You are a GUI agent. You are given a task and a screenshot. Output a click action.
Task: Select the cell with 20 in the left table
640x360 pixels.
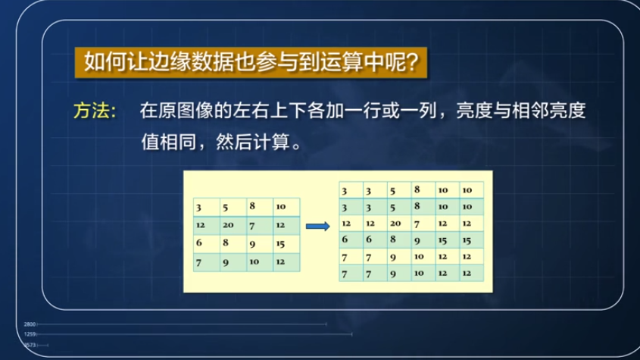229,225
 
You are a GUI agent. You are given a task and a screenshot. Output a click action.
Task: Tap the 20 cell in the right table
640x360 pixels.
395,223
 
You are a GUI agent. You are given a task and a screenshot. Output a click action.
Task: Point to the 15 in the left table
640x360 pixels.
280,243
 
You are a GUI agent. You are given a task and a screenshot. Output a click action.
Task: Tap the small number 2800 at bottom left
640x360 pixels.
30,324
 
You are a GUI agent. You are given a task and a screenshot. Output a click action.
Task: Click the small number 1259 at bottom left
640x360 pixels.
30,333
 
